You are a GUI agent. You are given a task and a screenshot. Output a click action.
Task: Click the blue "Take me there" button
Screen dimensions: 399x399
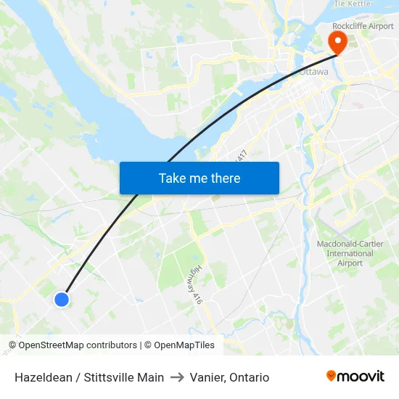(x=199, y=178)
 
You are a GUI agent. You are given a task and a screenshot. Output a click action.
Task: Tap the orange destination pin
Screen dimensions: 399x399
(x=337, y=41)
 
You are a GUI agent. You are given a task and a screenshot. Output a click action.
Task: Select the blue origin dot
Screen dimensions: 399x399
(x=62, y=299)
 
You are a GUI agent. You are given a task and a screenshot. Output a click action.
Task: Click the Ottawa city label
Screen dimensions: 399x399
(x=313, y=73)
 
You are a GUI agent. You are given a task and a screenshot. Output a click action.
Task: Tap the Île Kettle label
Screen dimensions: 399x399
(x=352, y=4)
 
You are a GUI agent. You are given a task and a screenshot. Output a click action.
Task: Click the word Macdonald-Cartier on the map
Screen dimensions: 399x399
(x=345, y=244)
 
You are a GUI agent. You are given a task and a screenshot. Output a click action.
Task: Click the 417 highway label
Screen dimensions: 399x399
(x=242, y=155)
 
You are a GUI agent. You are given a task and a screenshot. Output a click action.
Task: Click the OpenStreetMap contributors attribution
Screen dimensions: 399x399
(x=74, y=345)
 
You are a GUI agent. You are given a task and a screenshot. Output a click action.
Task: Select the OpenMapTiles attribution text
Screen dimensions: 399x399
(x=179, y=345)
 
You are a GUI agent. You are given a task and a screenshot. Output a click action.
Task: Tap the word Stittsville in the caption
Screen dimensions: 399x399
(x=109, y=377)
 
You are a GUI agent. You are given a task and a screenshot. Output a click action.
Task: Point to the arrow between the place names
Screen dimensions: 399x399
(x=177, y=377)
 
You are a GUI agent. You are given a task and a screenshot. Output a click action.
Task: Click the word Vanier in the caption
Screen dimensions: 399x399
(x=206, y=377)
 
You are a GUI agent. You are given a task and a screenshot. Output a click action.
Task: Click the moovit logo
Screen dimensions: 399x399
(x=355, y=376)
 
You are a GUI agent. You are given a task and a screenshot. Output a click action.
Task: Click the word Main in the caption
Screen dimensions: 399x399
(x=151, y=377)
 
